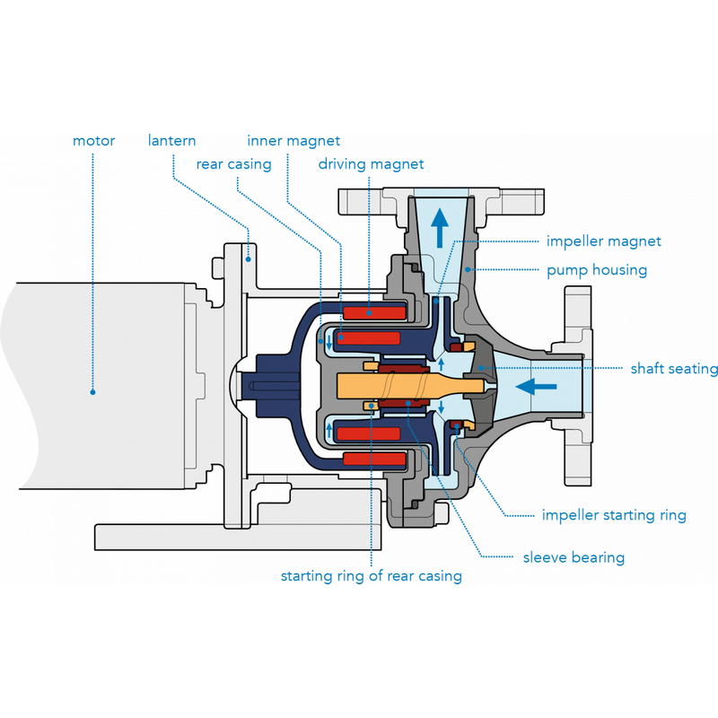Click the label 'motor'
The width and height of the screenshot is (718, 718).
point(94,141)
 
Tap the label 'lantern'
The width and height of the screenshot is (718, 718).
point(172,141)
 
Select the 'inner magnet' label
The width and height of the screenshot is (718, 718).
point(293,141)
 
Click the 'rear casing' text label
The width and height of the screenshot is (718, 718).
point(234,164)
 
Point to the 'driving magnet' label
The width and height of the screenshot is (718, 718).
point(371,164)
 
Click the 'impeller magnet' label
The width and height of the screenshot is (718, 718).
point(603,241)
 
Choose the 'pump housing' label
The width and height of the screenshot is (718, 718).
point(597,269)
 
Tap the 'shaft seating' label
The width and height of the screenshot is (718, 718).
point(674,369)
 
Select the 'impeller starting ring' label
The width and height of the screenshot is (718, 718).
point(614,515)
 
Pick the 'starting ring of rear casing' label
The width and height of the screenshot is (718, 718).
point(371,576)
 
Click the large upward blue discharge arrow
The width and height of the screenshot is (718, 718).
point(438,225)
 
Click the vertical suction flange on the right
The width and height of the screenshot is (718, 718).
point(578,386)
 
